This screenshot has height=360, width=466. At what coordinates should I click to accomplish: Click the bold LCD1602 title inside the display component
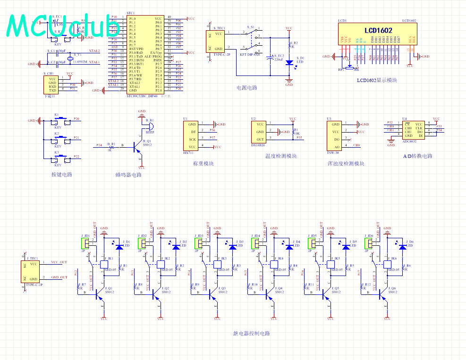378,31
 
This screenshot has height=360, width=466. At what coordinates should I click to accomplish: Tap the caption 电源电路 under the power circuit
247,88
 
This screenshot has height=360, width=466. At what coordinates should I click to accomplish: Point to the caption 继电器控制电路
251,334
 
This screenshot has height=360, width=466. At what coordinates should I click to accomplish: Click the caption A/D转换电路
417,156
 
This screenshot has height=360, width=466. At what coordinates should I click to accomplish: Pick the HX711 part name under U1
189,153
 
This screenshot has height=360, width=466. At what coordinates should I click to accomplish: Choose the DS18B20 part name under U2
258,145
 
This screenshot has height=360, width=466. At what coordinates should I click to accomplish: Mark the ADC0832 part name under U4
409,141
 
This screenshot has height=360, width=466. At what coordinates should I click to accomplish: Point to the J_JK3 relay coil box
217,265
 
